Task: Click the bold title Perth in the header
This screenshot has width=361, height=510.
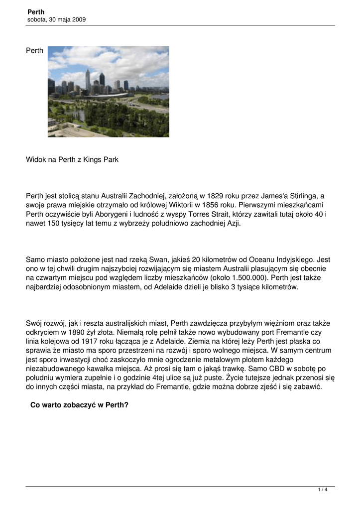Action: tap(36, 11)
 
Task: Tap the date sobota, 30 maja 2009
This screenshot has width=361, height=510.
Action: tap(57, 19)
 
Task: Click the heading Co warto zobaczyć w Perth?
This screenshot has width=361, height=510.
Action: tap(80, 405)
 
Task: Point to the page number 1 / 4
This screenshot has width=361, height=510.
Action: tap(323, 490)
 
